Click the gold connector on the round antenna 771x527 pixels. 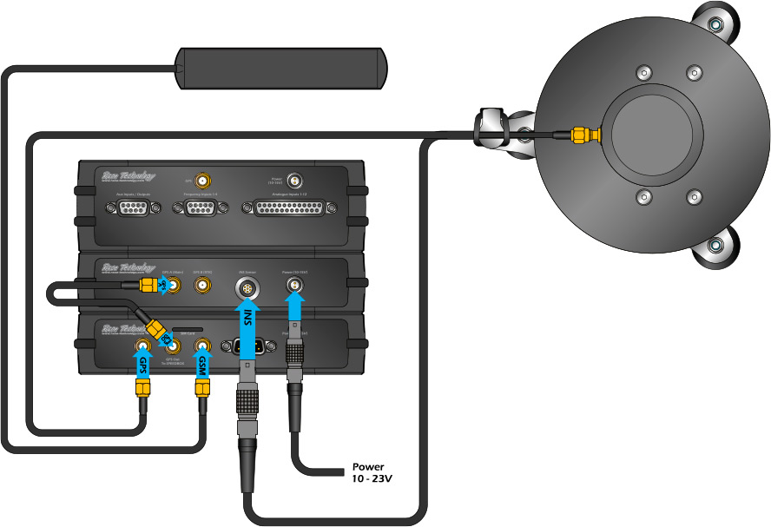click(x=582, y=135)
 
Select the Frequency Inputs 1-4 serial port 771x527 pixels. click(x=201, y=208)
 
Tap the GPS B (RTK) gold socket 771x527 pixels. click(x=201, y=286)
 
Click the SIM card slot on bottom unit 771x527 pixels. click(x=186, y=331)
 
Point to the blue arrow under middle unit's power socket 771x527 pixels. click(x=295, y=305)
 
